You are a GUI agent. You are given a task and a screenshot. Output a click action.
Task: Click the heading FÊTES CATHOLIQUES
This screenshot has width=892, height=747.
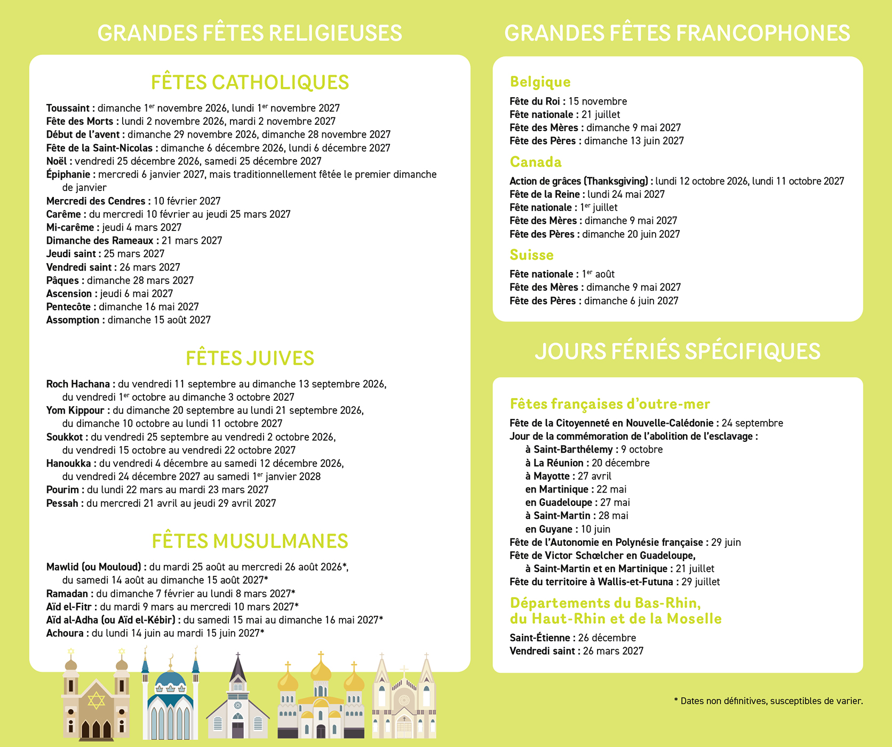point(250,83)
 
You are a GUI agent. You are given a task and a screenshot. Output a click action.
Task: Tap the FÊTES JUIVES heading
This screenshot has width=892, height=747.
point(250,358)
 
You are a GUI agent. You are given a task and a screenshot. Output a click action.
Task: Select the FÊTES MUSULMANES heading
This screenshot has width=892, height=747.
point(250,541)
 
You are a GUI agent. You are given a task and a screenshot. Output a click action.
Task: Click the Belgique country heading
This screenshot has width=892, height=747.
point(540,82)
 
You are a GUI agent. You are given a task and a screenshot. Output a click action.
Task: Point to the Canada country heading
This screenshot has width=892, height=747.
point(536,162)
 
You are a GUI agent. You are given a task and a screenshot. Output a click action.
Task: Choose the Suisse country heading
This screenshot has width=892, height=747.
point(531,255)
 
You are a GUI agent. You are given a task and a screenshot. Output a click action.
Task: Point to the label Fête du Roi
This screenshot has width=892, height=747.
point(536,101)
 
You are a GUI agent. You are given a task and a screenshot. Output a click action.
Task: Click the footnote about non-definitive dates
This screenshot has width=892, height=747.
point(768,701)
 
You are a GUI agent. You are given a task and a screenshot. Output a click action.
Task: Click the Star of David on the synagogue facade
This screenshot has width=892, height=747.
point(96,701)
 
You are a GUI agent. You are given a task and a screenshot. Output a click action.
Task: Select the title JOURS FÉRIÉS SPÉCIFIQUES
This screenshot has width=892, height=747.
point(677,351)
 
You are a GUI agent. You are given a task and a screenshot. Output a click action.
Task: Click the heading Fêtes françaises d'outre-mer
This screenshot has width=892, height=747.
point(610,404)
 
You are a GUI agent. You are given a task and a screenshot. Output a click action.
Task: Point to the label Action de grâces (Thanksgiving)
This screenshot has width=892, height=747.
point(580,181)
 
